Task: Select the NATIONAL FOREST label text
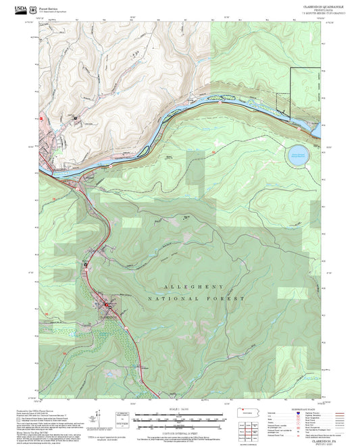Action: click(196, 298)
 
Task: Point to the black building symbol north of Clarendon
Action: click(86, 264)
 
